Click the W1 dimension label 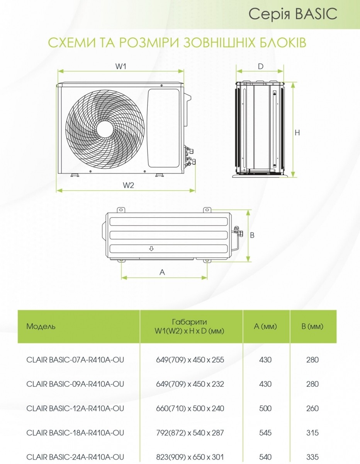[x=121, y=66]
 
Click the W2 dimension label [x=128, y=185]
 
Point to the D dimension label [x=261, y=67]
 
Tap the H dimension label [x=297, y=133]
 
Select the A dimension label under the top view [x=162, y=272]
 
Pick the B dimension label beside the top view [x=252, y=235]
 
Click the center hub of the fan [x=105, y=130]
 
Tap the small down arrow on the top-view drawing [x=151, y=248]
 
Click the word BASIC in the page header [x=316, y=14]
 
